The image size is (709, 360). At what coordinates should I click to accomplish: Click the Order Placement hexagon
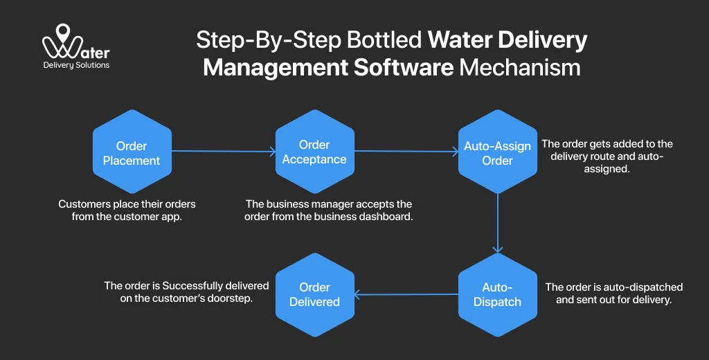click(x=132, y=153)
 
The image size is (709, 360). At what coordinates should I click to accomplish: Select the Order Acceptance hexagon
click(x=314, y=153)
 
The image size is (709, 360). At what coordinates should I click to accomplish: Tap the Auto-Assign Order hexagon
click(x=497, y=153)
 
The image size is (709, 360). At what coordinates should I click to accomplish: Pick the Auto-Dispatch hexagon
click(x=497, y=294)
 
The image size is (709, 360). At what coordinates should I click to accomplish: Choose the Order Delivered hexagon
click(x=314, y=294)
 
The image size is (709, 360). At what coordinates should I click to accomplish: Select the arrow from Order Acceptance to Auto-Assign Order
click(x=406, y=151)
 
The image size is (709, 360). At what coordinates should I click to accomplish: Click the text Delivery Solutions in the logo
click(x=76, y=65)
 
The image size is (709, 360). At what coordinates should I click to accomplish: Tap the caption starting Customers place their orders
click(x=127, y=210)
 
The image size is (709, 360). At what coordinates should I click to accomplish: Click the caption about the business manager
click(x=329, y=210)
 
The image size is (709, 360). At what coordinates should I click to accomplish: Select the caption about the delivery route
click(x=607, y=156)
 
